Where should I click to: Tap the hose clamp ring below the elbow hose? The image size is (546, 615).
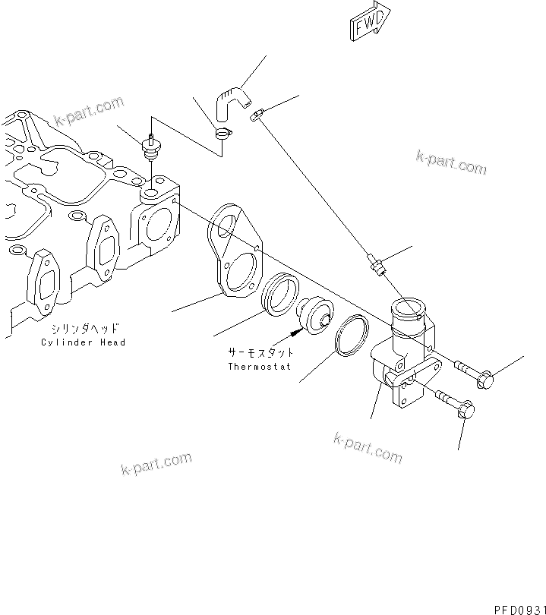pyautogui.click(x=222, y=134)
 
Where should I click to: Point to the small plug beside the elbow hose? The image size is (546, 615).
pyautogui.click(x=257, y=115)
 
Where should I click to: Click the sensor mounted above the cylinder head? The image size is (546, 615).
pyautogui.click(x=150, y=147)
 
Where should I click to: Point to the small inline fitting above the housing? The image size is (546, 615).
pyautogui.click(x=375, y=265)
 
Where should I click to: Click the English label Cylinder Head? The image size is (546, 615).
pyautogui.click(x=84, y=342)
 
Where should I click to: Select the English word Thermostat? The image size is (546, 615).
pyautogui.click(x=260, y=367)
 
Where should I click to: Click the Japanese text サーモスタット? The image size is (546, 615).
pyautogui.click(x=260, y=353)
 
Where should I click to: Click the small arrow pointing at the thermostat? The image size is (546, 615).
pyautogui.click(x=295, y=333)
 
